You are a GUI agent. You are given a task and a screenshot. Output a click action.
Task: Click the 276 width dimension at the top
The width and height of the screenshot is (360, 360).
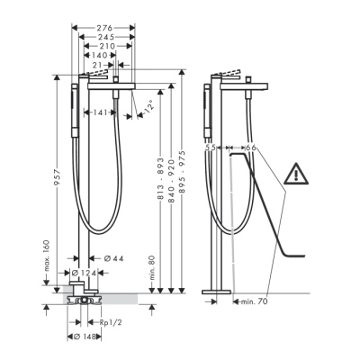(x=104, y=28)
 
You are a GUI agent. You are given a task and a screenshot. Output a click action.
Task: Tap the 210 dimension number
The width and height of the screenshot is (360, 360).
(x=107, y=46)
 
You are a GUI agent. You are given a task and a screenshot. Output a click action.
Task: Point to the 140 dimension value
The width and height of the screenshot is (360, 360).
(x=100, y=55)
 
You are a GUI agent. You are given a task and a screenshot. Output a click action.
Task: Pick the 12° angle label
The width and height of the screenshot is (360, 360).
(x=148, y=106)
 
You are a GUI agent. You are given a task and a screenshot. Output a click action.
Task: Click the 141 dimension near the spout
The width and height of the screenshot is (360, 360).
(x=100, y=112)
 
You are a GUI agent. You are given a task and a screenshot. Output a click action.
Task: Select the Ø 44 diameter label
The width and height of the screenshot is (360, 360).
(x=113, y=258)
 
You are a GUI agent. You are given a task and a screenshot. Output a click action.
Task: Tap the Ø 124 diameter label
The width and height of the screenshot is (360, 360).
(x=85, y=273)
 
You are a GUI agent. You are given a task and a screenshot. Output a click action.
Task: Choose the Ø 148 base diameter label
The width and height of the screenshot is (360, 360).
(x=85, y=337)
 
